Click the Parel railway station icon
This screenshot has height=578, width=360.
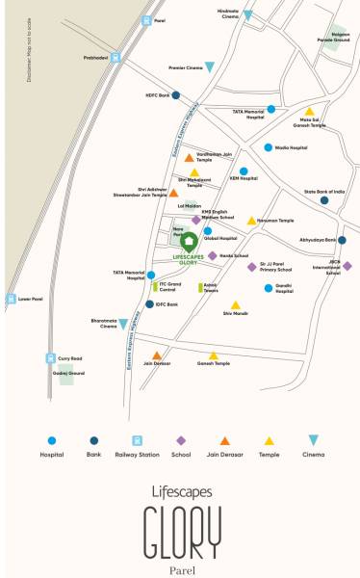[x=145, y=19]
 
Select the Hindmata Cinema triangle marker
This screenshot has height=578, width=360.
[x=247, y=15]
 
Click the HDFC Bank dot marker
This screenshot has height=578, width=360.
[x=175, y=96]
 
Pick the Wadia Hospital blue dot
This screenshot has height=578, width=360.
[x=269, y=147]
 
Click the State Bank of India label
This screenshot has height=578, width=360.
[x=323, y=193]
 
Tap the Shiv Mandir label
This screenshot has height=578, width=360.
[x=235, y=314]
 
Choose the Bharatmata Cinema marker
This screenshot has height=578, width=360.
[x=123, y=324]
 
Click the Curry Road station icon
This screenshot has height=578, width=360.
[x=49, y=357]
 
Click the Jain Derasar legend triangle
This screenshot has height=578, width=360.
[x=225, y=440]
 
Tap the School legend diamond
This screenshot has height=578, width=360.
[x=180, y=440]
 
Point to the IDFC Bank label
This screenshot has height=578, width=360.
[x=167, y=304]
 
